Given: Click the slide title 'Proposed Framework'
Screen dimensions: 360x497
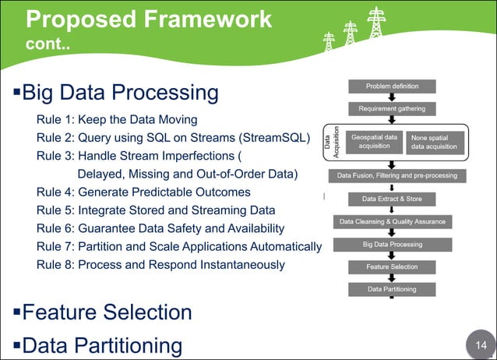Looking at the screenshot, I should coord(149,18).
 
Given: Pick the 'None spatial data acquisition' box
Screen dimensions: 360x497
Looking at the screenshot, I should coord(437,141).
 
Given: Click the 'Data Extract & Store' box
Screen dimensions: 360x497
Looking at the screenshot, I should coord(392,199).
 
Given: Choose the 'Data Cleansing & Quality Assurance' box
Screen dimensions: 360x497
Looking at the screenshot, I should coord(393,221).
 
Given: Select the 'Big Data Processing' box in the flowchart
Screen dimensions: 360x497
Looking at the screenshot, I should coord(392,244).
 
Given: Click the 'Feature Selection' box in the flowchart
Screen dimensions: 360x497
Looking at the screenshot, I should coord(392,266).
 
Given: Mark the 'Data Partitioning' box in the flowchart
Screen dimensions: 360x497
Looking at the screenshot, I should coord(392,289).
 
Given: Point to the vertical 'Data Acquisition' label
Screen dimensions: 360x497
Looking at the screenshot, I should coord(331,141).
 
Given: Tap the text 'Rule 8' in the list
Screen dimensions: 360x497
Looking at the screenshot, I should coord(55,264).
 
